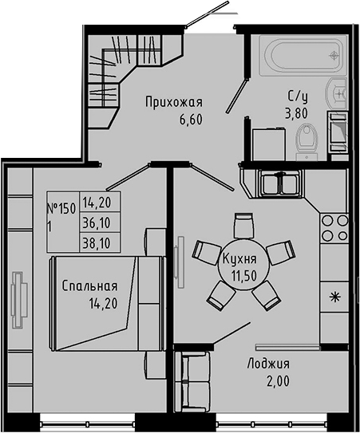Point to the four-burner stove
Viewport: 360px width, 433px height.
[x=334, y=226]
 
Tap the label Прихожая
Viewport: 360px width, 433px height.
[x=173, y=102]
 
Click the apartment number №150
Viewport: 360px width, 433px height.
[x=61, y=209]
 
